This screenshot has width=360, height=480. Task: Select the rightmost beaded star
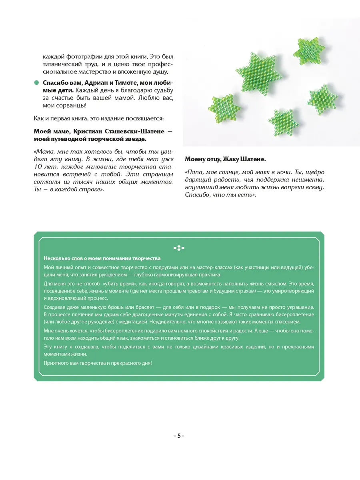pyautogui.click(x=323, y=100)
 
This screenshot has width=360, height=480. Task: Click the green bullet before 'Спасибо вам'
pyautogui.click(x=36, y=82)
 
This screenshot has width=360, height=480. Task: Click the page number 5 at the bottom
pyautogui.click(x=179, y=436)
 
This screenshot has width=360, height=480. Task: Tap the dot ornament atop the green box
pyautogui.click(x=179, y=248)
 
